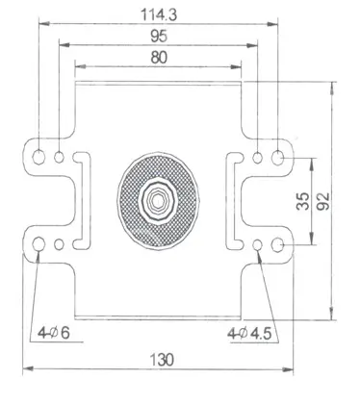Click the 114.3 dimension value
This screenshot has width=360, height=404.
(x=159, y=14)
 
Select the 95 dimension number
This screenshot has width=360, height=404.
(x=159, y=36)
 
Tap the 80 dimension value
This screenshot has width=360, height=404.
(x=159, y=58)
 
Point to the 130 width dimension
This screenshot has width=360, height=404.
(x=162, y=360)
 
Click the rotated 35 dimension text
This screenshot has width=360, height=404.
(x=303, y=201)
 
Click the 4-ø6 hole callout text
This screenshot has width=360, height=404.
(x=54, y=333)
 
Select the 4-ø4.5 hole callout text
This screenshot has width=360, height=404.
(x=249, y=334)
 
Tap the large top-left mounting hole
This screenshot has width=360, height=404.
(x=39, y=157)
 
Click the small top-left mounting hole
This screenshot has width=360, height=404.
(x=59, y=157)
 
